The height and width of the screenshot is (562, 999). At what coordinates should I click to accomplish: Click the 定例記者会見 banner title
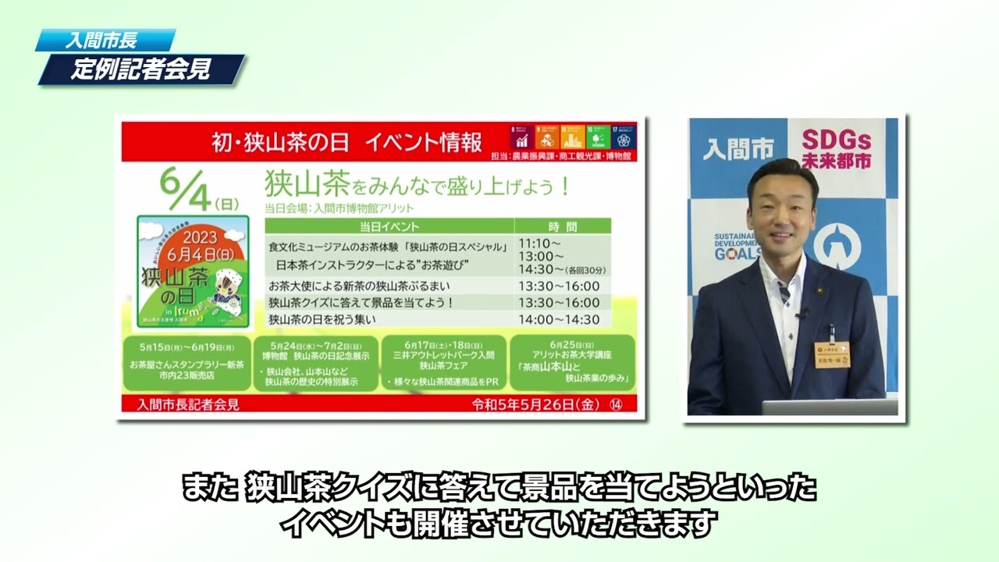point(140,69)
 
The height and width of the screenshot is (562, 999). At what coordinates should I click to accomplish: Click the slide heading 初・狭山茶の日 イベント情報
point(347,142)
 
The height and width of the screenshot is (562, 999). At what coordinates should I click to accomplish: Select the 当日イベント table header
point(389,226)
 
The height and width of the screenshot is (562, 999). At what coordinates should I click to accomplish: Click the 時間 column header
point(562,226)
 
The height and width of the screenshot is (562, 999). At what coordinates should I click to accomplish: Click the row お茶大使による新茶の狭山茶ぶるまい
point(359,286)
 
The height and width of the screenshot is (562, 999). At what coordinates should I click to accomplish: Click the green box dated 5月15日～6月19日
point(187,362)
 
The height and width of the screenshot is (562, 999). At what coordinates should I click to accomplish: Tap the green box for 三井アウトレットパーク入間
point(443,362)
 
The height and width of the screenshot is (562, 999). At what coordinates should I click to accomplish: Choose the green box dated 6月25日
point(572,362)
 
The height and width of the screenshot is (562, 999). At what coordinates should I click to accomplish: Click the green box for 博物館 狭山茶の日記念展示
point(315,362)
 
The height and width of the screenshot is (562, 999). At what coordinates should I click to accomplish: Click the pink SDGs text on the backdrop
point(836,148)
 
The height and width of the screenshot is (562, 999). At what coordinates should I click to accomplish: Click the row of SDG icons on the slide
point(573,136)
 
